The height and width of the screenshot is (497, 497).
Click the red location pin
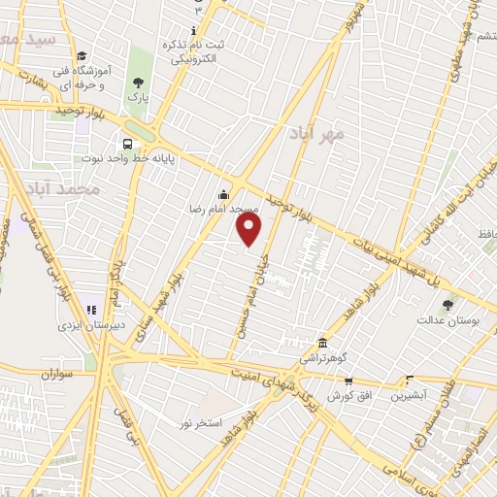249,229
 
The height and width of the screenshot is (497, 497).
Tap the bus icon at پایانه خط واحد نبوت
128,144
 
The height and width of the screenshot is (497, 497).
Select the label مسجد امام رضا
224,209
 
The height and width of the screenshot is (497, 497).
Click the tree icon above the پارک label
138,83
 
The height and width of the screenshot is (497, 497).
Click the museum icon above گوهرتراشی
322,343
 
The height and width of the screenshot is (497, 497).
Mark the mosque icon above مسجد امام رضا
224,193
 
